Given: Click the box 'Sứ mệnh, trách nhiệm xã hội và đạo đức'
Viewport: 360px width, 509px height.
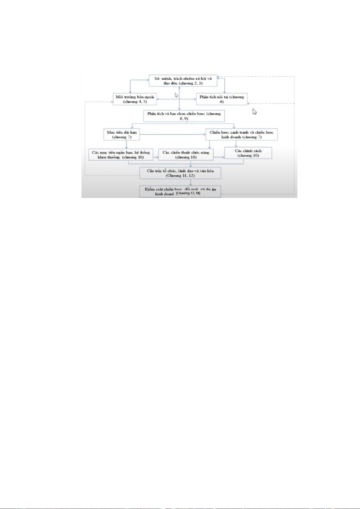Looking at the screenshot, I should [x=183, y=81].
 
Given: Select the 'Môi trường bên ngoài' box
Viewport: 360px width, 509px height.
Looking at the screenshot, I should [x=135, y=99].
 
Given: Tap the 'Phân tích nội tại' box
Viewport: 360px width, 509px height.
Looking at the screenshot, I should [x=222, y=99].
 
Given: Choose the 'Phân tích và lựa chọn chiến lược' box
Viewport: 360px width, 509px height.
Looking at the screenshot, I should [x=184, y=116].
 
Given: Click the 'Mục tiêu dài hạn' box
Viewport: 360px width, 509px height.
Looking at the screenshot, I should [x=122, y=135].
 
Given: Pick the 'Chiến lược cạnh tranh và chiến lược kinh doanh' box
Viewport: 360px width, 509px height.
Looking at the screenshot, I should [x=241, y=135].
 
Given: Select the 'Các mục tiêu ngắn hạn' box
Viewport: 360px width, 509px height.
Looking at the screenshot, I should [x=121, y=155].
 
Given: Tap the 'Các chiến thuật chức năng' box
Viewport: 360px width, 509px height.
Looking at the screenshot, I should [x=186, y=155].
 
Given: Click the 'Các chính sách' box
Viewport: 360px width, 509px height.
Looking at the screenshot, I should [x=248, y=153].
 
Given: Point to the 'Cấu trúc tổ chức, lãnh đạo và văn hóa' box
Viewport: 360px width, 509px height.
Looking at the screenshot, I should [x=180, y=173].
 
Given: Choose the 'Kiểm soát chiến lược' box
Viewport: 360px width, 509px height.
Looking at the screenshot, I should [x=180, y=192].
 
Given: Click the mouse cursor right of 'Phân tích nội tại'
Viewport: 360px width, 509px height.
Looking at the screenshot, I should [x=255, y=112].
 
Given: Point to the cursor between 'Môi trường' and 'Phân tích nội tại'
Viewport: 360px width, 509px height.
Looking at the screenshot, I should [x=176, y=95].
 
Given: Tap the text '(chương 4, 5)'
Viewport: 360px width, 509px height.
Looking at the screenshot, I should [x=135, y=102].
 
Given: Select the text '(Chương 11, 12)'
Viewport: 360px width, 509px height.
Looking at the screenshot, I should [x=180, y=176].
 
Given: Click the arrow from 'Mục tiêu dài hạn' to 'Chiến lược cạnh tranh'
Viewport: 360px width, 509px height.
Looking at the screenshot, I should [x=172, y=134].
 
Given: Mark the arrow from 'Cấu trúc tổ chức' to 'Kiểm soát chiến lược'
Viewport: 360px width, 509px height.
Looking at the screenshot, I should [x=191, y=183].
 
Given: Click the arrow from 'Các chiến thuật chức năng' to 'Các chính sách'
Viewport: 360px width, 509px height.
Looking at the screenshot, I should [x=219, y=157].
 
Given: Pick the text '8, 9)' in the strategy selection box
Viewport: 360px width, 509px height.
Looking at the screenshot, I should [x=184, y=119].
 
